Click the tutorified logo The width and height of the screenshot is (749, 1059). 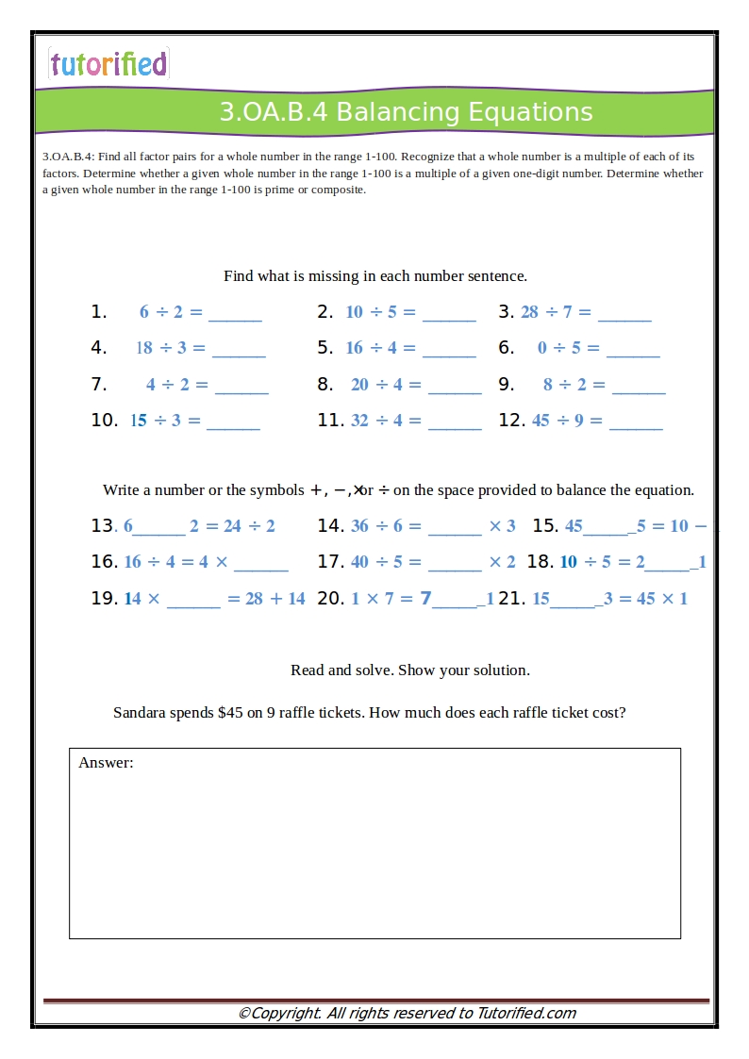[x=108, y=64]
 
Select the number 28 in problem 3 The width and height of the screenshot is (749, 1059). [x=529, y=312]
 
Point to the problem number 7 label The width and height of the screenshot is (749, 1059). [x=99, y=385]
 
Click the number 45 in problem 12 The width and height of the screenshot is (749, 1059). [x=541, y=421]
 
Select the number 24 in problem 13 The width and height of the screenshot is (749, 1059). [x=232, y=526]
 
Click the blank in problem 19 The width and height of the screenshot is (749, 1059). [x=193, y=601]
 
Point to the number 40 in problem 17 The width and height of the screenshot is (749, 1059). [x=359, y=562]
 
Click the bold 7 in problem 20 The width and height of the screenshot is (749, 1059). [x=425, y=598]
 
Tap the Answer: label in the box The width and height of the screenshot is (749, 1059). [x=106, y=763]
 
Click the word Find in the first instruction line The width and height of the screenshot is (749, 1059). [x=239, y=276]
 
